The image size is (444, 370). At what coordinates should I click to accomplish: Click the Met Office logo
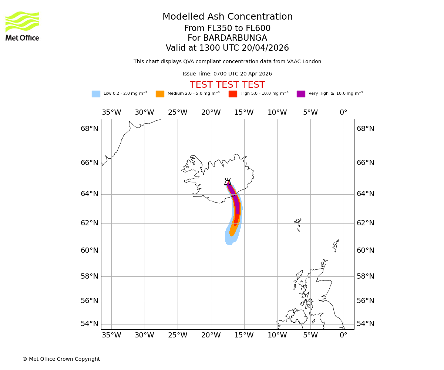(22, 26)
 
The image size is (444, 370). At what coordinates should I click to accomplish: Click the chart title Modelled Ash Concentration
(228, 17)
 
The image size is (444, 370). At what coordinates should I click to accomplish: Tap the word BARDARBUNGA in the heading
(235, 38)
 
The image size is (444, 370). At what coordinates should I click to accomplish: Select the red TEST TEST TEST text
(227, 85)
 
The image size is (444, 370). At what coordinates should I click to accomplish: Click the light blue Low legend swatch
(96, 94)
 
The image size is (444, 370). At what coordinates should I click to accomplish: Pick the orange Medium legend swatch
(160, 94)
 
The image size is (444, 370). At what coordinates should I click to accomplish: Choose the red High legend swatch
(233, 94)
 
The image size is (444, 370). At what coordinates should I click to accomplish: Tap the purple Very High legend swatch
(301, 94)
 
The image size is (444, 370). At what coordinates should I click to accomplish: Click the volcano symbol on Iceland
(228, 182)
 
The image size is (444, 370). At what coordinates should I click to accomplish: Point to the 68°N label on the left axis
(90, 129)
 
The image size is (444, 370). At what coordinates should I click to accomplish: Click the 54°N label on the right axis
(365, 324)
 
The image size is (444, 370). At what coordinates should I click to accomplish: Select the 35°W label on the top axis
(111, 112)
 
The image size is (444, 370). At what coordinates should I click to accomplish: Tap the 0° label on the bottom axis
(343, 335)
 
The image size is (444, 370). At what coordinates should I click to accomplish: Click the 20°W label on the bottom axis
(211, 335)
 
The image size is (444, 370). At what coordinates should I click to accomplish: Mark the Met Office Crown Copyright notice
(61, 359)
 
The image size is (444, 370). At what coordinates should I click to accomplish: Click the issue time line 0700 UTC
(227, 74)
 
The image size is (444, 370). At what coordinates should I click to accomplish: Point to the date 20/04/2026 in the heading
(265, 48)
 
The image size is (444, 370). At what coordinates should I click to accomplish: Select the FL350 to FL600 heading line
(228, 28)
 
